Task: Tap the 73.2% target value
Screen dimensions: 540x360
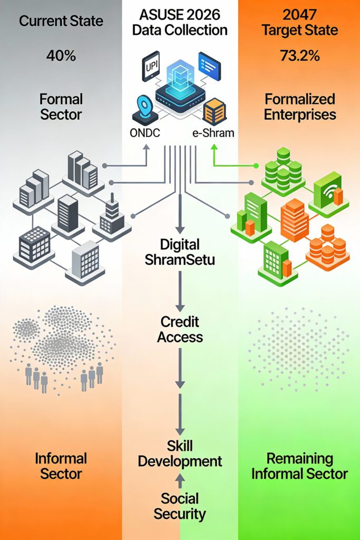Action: coord(299,56)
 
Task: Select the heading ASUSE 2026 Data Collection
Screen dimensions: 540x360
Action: coord(179,23)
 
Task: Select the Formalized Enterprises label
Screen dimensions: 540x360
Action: coord(299,106)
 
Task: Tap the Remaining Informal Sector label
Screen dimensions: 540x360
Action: coord(299,465)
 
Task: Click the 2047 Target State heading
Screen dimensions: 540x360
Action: coord(299,23)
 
